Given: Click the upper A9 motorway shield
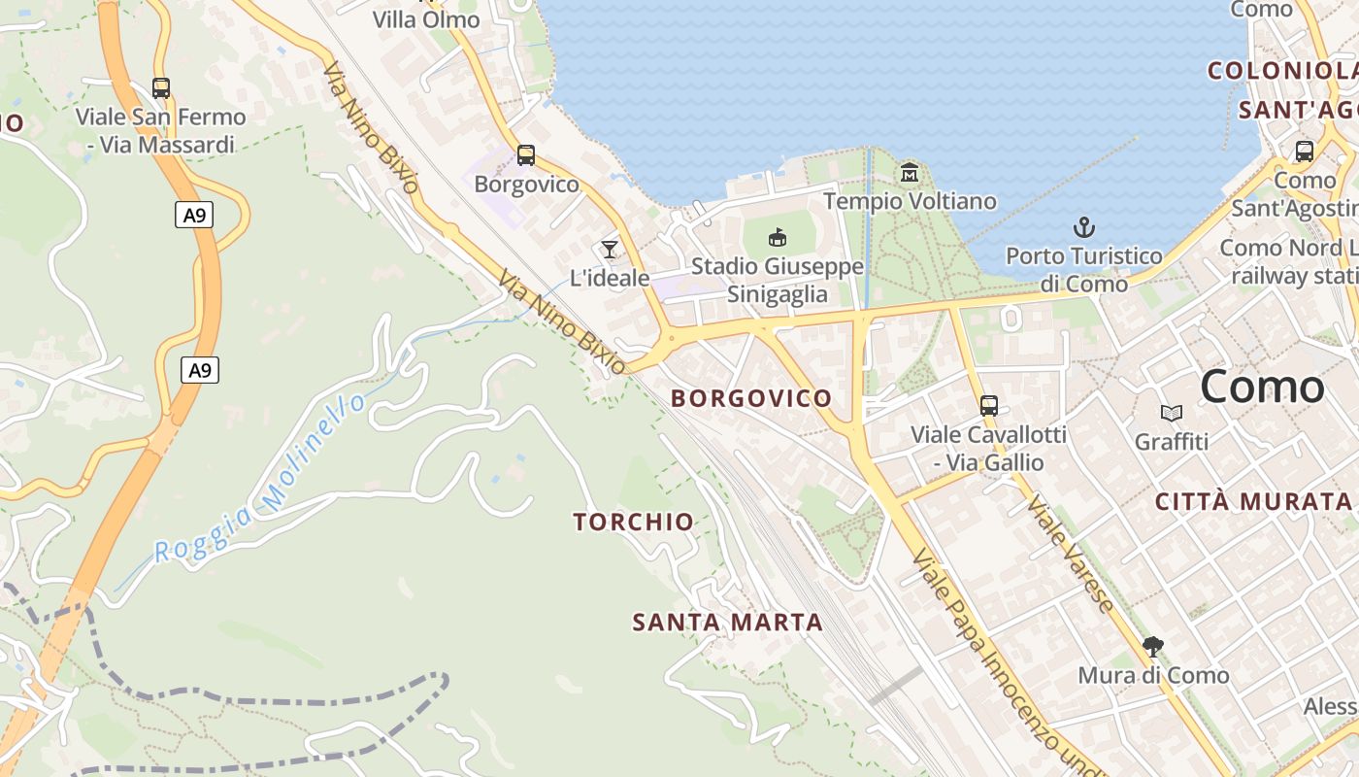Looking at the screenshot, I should click(195, 215).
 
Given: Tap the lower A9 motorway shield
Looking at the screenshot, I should click(199, 370).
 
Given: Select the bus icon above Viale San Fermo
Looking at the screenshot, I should click(161, 88).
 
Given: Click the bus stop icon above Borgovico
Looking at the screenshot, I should click(526, 154).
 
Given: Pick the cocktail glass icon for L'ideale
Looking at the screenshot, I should click(610, 250).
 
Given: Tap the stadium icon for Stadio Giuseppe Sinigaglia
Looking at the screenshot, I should click(778, 237).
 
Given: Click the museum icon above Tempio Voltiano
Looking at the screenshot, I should click(910, 173).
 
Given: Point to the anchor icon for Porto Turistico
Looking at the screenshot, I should click(1083, 228).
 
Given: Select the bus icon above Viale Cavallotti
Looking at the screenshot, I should click(989, 406).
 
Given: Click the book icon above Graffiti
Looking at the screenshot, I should click(1172, 414).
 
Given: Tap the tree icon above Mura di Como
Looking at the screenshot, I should click(1153, 646).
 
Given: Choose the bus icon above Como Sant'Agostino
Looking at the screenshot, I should click(1305, 152).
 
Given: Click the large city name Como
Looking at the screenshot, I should click(1262, 388).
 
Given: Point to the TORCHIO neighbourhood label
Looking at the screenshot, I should click(634, 523).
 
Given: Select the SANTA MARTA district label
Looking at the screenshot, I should click(728, 623).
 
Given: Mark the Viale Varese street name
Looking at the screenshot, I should click(1072, 554).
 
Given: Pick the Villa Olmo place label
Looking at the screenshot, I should click(426, 19).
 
